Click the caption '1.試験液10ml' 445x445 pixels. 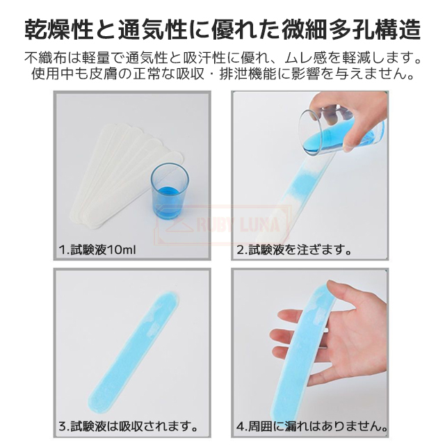click(97, 250)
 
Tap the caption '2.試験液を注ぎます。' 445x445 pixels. click(294, 250)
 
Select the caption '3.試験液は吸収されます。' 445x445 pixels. click(128, 426)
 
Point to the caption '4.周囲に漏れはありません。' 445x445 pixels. click(312, 426)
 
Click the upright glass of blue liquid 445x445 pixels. click(170, 191)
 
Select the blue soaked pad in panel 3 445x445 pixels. click(133, 352)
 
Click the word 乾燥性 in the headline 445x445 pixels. click(59, 29)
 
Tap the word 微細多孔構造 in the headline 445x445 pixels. click(351, 29)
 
